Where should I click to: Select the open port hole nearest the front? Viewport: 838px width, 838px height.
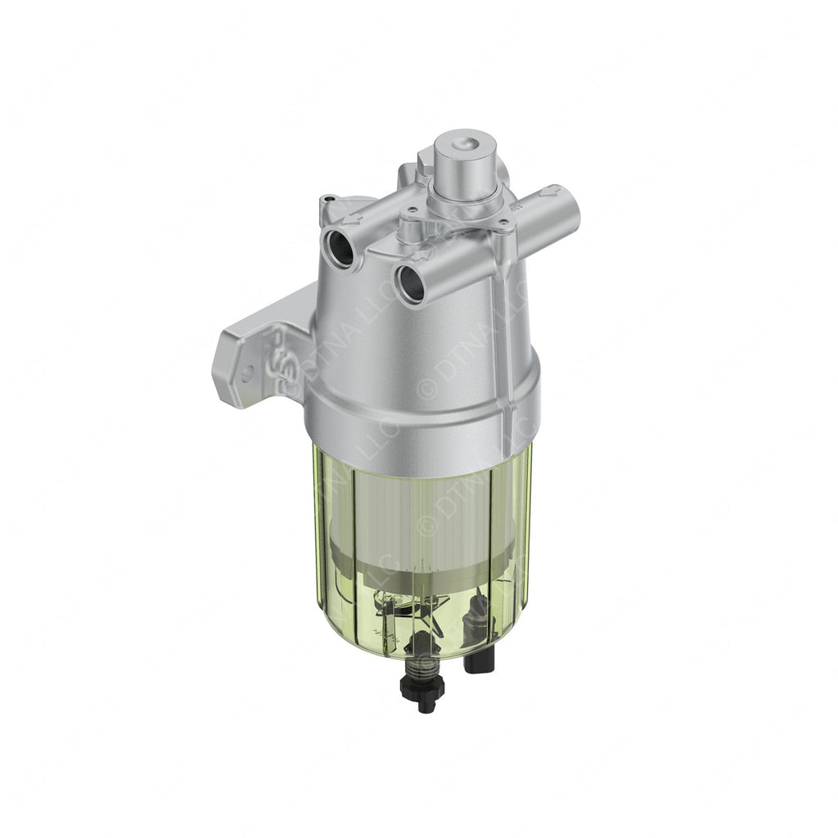(410, 282)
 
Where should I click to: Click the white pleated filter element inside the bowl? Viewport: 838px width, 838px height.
(409, 507)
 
